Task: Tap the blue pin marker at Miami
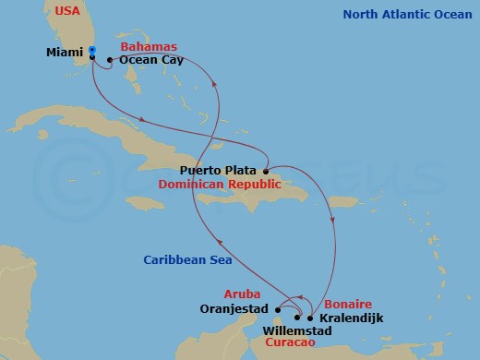click(92, 51)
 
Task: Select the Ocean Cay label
click(151, 61)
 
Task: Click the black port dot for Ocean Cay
click(110, 61)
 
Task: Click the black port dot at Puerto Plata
click(265, 171)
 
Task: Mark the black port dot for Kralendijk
click(310, 318)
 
